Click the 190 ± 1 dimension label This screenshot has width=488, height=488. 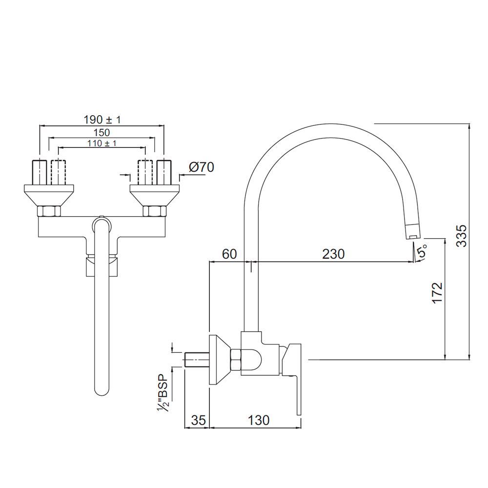coord(102,120)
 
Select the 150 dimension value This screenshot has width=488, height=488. coord(102,132)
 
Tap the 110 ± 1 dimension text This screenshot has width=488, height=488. coord(102,143)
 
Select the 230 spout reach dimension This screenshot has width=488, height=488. coord(333,254)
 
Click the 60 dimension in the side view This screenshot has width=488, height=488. coord(229,254)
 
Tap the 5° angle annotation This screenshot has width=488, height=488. coord(422,252)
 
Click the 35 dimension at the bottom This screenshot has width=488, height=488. coord(197,420)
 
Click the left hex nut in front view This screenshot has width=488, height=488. coord(49,211)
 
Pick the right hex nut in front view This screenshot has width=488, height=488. coord(153,211)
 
